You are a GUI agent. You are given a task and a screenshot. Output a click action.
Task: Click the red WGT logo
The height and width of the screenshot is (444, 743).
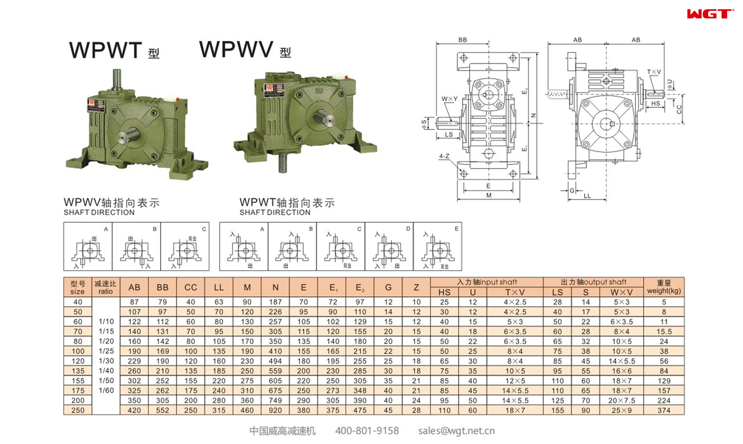[710, 14]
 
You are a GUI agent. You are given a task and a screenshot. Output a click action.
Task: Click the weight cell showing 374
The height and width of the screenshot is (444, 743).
[663, 410]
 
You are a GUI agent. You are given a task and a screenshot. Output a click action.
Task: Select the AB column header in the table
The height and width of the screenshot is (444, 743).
[134, 287]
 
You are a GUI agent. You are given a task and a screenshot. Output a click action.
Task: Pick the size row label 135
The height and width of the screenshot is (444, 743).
[78, 371]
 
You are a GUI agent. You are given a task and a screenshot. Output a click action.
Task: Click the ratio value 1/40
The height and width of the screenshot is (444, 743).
[106, 370]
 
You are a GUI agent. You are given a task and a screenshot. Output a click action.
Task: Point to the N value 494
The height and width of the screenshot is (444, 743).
[275, 361]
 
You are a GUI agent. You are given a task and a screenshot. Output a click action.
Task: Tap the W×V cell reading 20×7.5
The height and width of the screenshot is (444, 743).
[621, 401]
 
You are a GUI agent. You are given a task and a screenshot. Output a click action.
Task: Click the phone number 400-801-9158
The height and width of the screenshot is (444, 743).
[367, 431]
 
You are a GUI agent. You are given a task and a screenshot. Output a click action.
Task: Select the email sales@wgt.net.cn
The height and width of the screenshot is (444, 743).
[456, 431]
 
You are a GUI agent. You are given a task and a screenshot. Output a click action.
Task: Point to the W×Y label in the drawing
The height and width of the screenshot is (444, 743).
[449, 99]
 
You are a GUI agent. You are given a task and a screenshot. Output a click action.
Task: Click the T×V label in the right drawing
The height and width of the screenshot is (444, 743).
[654, 72]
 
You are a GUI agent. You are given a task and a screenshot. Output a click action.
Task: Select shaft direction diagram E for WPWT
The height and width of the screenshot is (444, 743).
[438, 246]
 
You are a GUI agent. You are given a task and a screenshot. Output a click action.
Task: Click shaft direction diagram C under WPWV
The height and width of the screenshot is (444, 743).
[185, 246]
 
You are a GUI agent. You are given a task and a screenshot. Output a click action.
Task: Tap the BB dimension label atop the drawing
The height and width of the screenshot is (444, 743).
[462, 40]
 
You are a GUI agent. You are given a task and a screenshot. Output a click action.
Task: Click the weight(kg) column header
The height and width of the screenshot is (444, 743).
[663, 287]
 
